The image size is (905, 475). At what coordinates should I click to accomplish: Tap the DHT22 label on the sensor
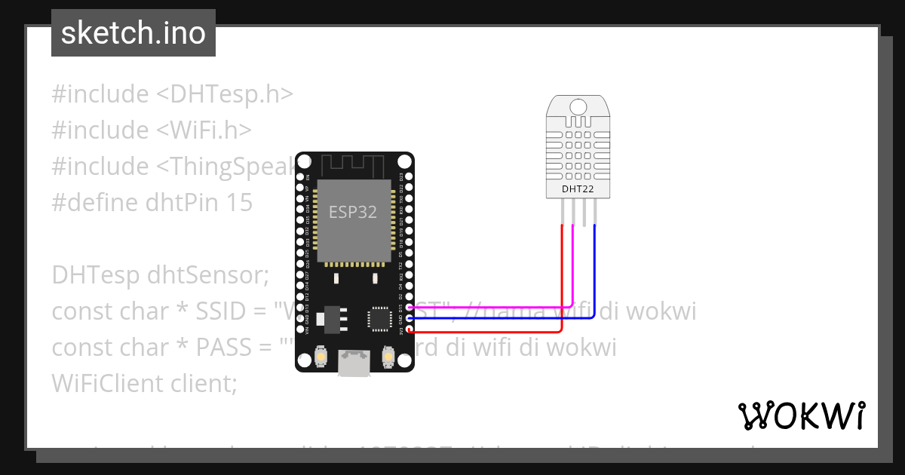coord(578,189)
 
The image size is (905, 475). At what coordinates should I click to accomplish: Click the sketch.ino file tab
coord(133,33)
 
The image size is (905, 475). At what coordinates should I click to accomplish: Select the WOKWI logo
coord(801,415)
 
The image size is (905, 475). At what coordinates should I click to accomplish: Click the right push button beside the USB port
coord(388,356)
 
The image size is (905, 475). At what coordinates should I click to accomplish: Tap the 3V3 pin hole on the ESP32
coord(409,330)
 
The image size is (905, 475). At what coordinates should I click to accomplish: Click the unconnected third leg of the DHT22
coord(584,214)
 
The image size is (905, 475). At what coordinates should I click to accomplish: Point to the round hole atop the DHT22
coord(578,106)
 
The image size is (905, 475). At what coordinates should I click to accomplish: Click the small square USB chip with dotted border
coord(379,318)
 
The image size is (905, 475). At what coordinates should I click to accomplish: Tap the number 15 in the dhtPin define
coord(238,203)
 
